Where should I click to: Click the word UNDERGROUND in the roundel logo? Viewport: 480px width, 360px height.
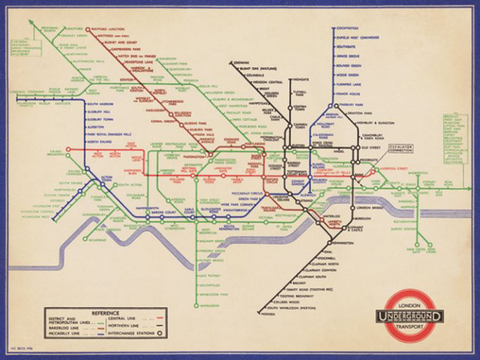413,314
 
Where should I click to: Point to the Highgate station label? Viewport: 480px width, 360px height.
300,80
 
